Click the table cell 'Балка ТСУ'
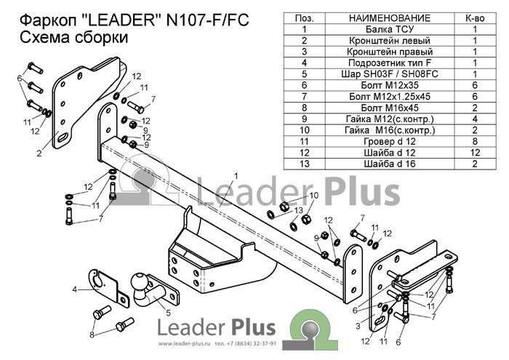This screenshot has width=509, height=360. click(x=390, y=30)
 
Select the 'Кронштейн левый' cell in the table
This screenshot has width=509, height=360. click(x=390, y=41)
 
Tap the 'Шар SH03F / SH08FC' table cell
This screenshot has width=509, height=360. click(x=390, y=74)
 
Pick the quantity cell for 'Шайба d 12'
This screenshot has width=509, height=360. click(x=475, y=153)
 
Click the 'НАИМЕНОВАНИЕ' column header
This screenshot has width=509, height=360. click(x=390, y=18)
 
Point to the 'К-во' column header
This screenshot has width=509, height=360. click(x=475, y=18)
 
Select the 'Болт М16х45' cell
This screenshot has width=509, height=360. click(x=390, y=108)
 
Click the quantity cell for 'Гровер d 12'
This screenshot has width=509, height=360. click(x=475, y=142)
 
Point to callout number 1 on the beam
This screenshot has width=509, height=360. click(x=236, y=176)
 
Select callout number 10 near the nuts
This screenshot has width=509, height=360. click(x=314, y=196)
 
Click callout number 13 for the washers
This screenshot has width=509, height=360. click(x=298, y=211)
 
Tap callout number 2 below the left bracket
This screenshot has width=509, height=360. click(x=39, y=153)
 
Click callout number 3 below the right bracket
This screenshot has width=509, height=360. click(x=358, y=326)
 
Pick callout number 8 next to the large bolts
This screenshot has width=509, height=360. click(x=92, y=335)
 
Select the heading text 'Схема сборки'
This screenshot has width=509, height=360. click(x=74, y=38)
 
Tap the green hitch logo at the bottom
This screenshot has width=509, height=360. click(x=310, y=329)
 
